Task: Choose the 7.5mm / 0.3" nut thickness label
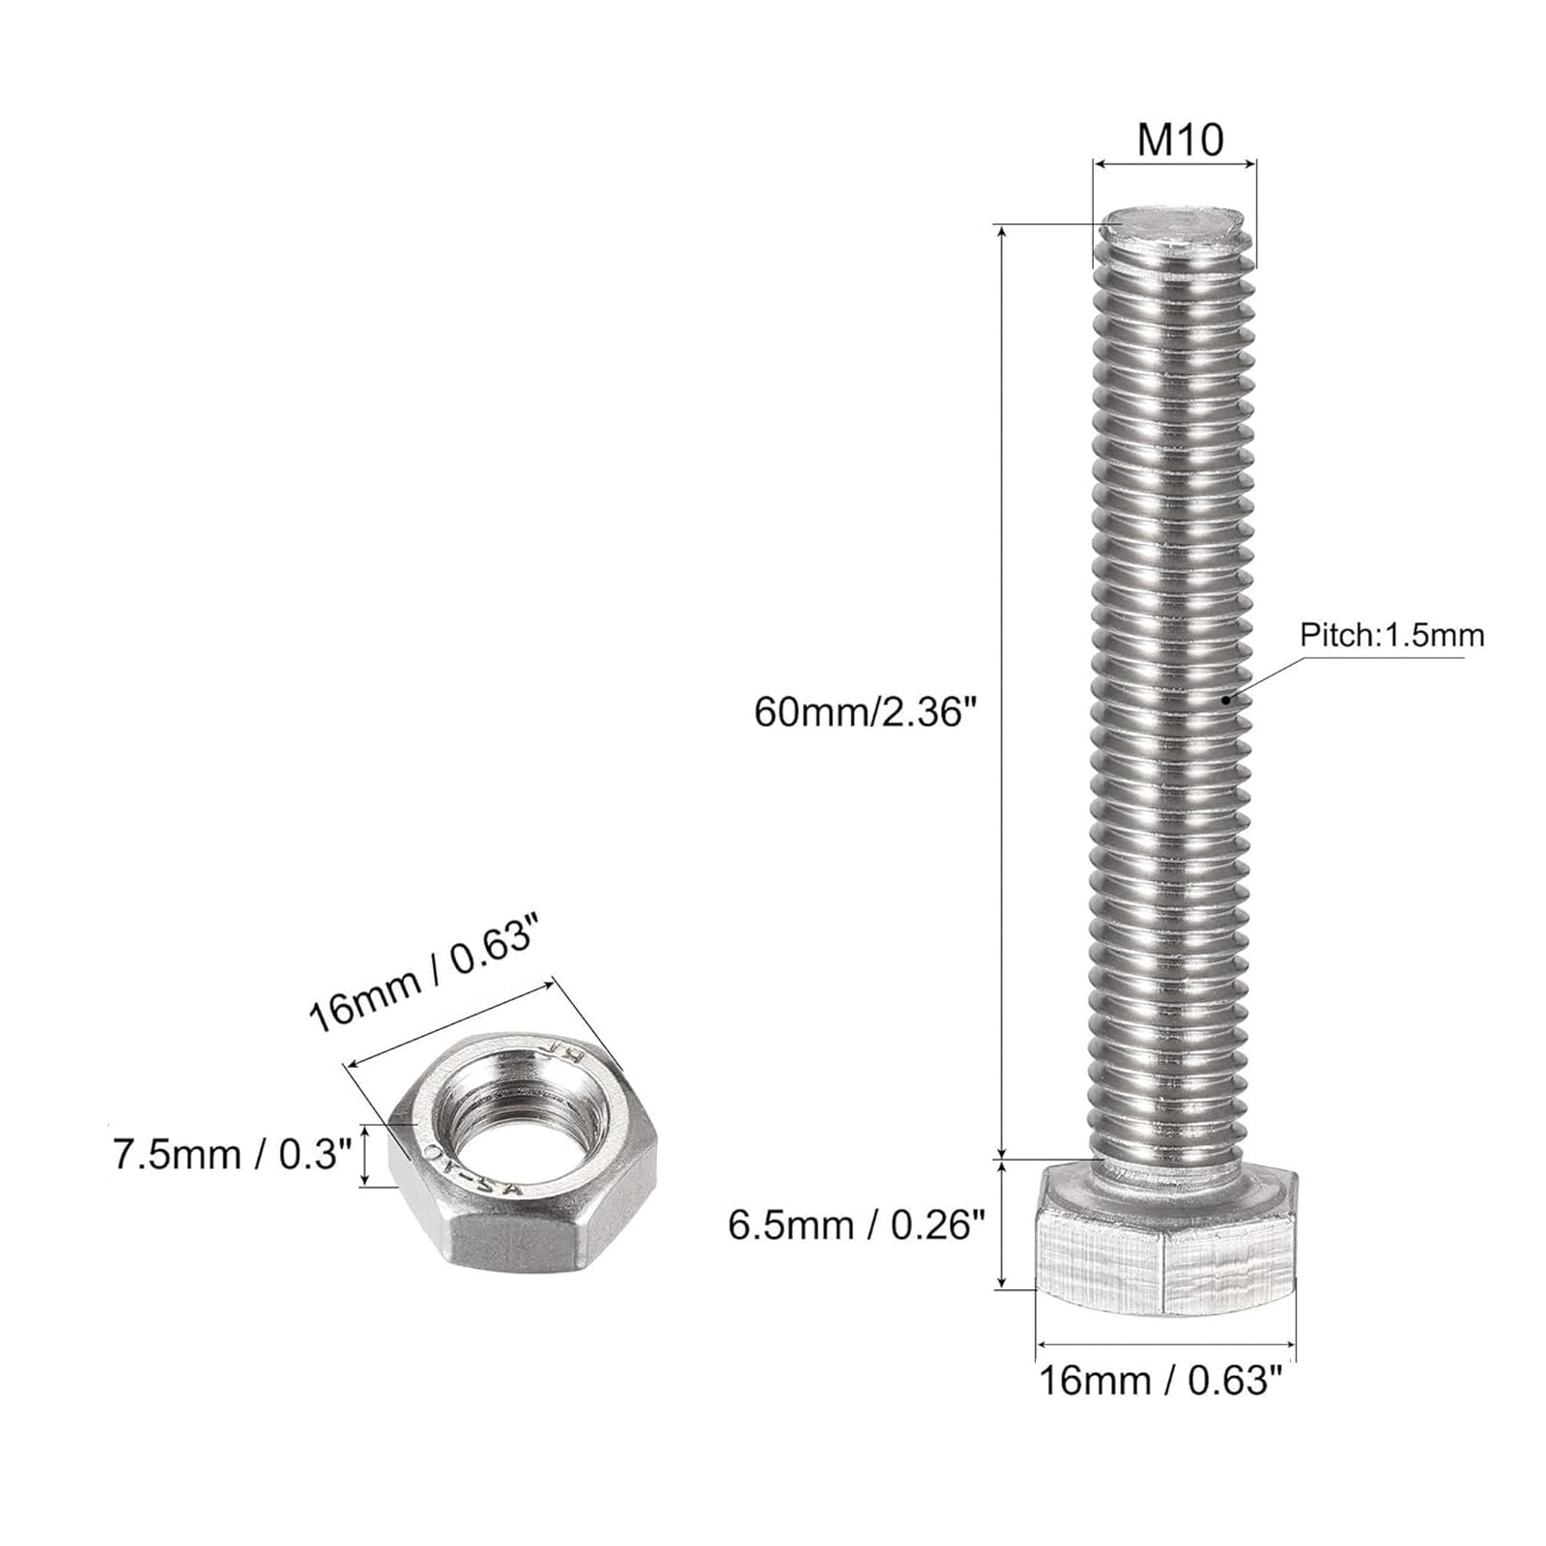tap(232, 1155)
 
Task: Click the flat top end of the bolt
tap(1173, 225)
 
